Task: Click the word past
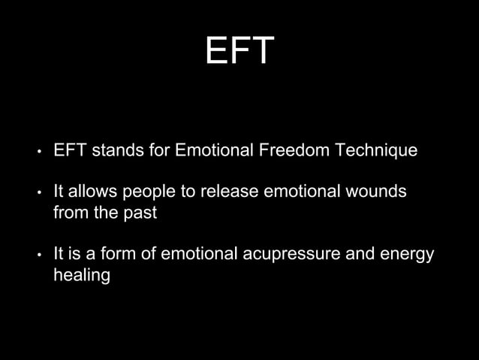pyautogui.click(x=141, y=213)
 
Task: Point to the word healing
pyautogui.click(x=82, y=276)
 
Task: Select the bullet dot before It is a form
pyautogui.click(x=38, y=256)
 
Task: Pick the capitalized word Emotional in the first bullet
pyautogui.click(x=213, y=150)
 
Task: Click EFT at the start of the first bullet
pyautogui.click(x=69, y=150)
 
